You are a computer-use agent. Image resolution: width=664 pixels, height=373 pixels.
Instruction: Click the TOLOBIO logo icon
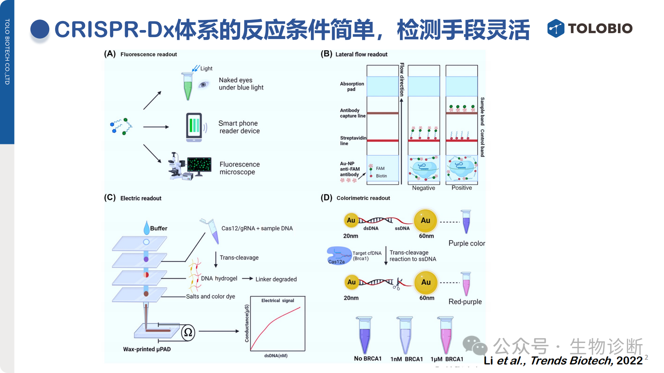[556, 28]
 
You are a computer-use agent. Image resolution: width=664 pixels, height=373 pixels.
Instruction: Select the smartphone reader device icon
[194, 127]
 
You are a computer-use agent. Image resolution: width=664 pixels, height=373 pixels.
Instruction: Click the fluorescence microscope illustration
[190, 166]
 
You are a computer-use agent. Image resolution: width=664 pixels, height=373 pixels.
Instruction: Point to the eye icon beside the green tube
[203, 85]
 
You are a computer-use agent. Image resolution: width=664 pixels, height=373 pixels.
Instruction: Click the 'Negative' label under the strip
[423, 188]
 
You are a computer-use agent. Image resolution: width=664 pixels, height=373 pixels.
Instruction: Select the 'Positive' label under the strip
[462, 188]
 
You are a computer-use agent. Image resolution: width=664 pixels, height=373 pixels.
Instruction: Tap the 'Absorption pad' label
[352, 87]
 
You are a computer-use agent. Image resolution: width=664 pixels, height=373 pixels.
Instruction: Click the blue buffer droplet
[146, 228]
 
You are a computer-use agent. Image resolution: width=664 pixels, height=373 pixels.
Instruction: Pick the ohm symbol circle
[188, 332]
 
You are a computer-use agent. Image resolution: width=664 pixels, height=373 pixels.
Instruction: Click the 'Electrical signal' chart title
[278, 300]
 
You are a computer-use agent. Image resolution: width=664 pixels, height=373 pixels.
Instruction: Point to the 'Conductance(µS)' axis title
[247, 323]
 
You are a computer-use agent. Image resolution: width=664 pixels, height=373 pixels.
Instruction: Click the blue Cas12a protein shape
[338, 255]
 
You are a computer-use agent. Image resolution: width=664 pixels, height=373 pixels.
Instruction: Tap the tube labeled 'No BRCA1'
[365, 335]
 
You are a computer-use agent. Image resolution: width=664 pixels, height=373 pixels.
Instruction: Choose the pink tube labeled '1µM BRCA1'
[445, 335]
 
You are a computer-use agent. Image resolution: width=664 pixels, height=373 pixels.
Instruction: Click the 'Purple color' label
[467, 243]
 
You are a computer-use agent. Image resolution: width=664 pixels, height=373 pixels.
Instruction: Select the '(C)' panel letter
[110, 198]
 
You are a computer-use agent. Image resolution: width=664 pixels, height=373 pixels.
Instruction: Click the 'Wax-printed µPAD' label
[147, 349]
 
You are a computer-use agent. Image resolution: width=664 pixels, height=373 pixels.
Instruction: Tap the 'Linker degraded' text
[276, 279]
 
